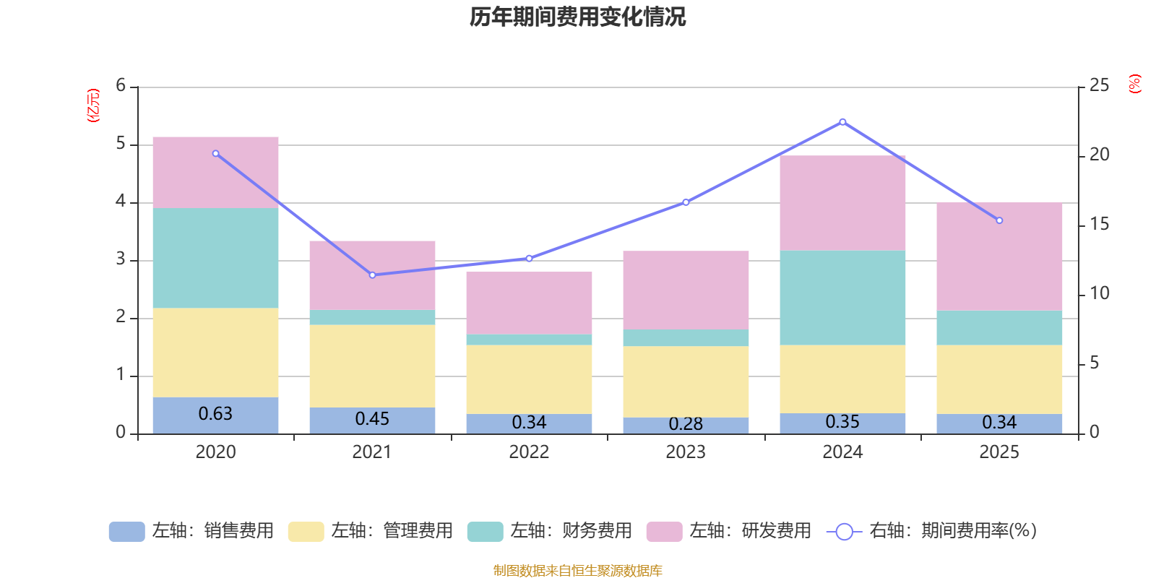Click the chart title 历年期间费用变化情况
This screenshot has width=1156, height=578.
click(577, 17)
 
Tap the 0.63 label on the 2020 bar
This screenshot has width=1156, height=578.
click(215, 413)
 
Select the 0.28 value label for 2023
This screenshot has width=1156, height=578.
click(686, 423)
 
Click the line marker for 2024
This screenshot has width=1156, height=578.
click(842, 122)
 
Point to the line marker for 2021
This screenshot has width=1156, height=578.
click(372, 275)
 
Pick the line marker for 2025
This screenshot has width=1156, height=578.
click(999, 220)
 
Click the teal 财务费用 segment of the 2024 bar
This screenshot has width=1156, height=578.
click(842, 298)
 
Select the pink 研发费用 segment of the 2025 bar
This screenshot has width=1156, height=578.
click(999, 256)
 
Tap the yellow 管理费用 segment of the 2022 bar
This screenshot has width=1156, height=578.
click(529, 379)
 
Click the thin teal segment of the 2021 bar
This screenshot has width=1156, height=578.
click(372, 317)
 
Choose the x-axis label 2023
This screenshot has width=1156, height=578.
click(686, 452)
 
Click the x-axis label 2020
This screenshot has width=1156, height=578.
click(215, 452)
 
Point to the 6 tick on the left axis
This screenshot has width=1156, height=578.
click(121, 85)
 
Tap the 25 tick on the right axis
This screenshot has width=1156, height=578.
click(1099, 85)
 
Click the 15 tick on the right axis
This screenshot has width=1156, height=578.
click(1099, 224)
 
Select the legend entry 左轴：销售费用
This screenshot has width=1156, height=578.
click(191, 531)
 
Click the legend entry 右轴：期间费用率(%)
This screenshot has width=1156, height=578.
click(931, 531)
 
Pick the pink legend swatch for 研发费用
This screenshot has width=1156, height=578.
click(664, 532)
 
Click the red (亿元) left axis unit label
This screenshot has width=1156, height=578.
click(93, 105)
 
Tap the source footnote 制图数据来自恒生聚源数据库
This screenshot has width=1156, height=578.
click(577, 570)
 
